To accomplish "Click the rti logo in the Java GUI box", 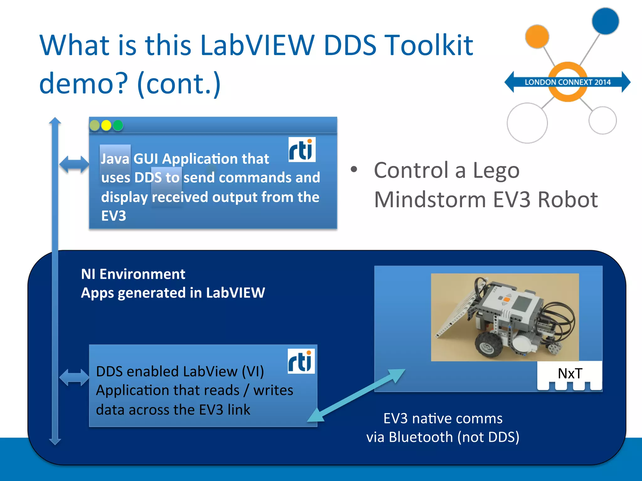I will [302, 150].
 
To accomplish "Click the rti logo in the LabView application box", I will [301, 361].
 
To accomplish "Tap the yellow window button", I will [106, 126].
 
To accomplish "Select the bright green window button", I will [118, 126].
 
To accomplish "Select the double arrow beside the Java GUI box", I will [74, 164].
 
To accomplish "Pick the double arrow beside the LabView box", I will [74, 377].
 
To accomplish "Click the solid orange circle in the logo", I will [537, 37].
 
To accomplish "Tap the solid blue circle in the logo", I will [605, 21].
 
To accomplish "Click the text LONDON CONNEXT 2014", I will [567, 82].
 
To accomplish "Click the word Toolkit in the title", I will [428, 45].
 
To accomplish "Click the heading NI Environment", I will [133, 274].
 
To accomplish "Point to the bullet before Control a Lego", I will [354, 169].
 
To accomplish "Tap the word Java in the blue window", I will [115, 159].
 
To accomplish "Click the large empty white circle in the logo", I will [527, 123].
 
